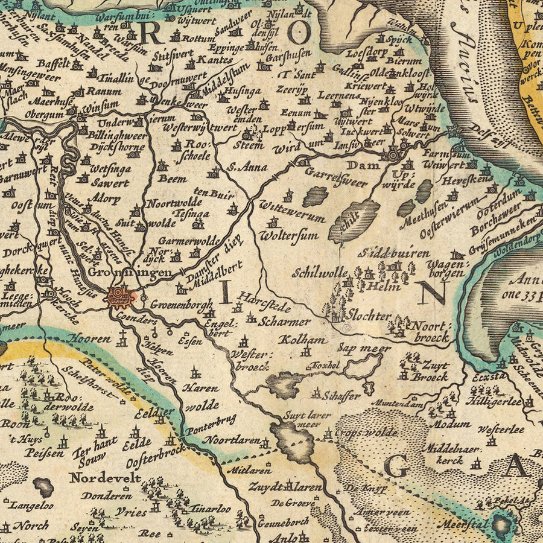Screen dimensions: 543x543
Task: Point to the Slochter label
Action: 370,315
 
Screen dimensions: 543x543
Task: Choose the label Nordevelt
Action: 105,478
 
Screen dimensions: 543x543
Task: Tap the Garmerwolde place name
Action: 189,240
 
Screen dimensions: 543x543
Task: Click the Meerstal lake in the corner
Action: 502,523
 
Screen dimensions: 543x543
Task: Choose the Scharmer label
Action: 284,322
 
